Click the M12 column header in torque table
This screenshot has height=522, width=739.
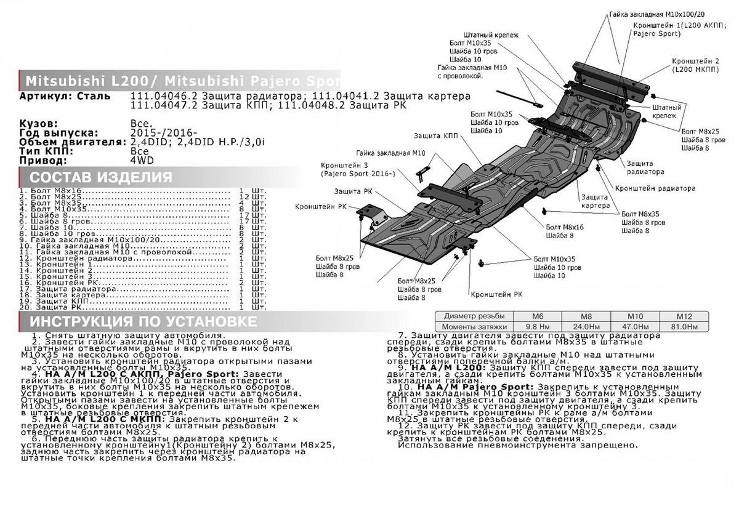click(x=683, y=316)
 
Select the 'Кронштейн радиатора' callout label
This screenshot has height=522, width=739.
click(x=655, y=188)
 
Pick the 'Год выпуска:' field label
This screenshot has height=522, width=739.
click(x=59, y=133)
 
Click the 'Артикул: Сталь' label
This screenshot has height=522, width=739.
click(x=65, y=96)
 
